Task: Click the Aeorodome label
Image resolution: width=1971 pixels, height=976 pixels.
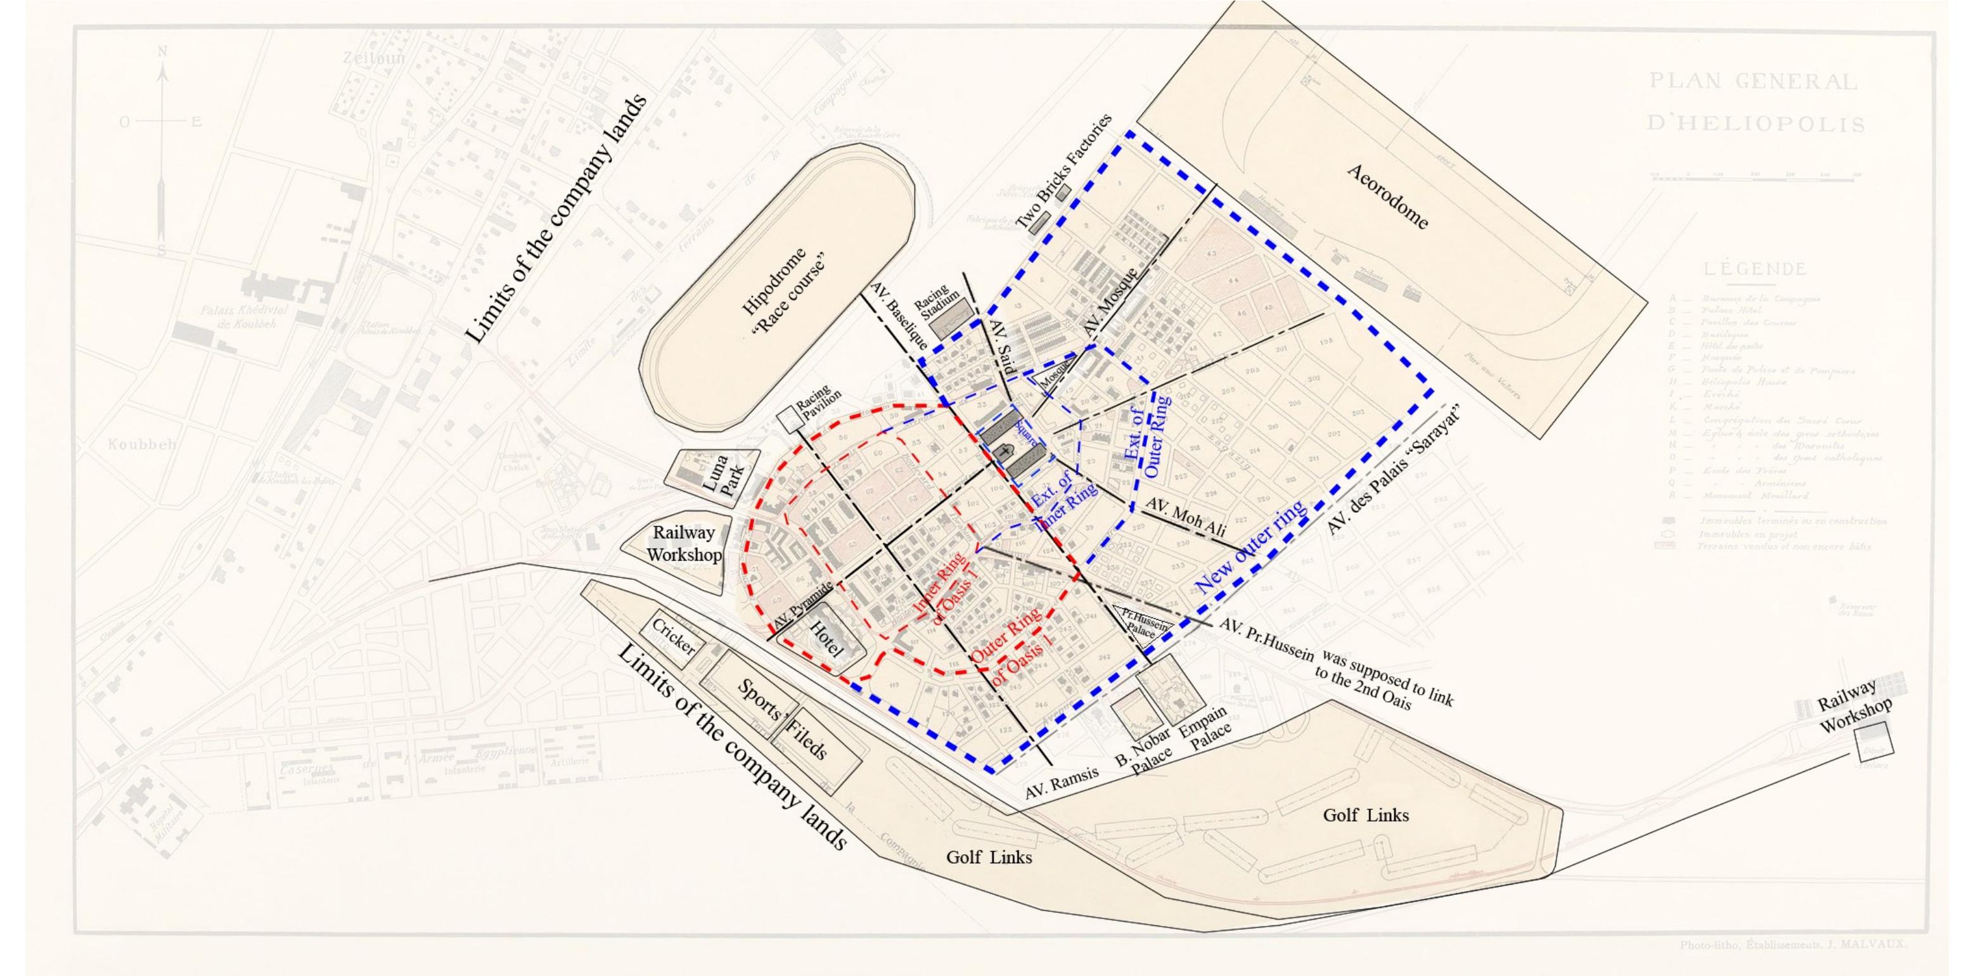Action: click(x=1387, y=196)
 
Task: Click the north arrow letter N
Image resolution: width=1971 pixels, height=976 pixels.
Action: click(x=162, y=52)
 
